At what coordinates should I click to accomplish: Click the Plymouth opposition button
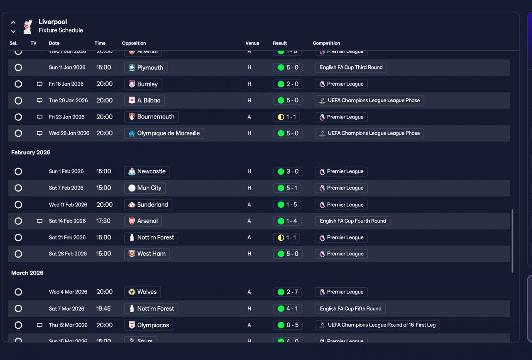(x=145, y=67)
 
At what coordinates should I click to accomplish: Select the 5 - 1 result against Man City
(x=288, y=188)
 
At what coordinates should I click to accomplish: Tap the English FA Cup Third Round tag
(x=351, y=67)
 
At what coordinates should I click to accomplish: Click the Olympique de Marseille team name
(x=164, y=133)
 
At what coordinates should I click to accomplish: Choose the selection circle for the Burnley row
(x=18, y=84)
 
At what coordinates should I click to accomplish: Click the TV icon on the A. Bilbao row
(x=39, y=101)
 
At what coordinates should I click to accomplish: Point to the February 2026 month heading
(x=31, y=153)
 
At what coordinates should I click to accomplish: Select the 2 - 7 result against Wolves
(x=288, y=292)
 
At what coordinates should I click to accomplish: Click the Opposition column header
(x=134, y=43)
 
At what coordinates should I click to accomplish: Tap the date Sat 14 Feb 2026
(x=67, y=221)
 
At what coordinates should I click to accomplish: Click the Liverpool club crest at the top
(x=27, y=26)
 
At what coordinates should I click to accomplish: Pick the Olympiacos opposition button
(x=148, y=325)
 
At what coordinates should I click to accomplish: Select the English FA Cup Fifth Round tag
(x=350, y=308)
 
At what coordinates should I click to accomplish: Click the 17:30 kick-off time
(x=103, y=221)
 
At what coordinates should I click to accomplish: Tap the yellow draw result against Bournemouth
(x=288, y=117)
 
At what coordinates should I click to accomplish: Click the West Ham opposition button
(x=147, y=254)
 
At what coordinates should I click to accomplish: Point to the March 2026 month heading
(x=27, y=273)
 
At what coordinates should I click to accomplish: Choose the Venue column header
(x=252, y=43)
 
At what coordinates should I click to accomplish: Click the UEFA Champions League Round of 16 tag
(x=377, y=325)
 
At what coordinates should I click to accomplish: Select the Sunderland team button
(x=148, y=205)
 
